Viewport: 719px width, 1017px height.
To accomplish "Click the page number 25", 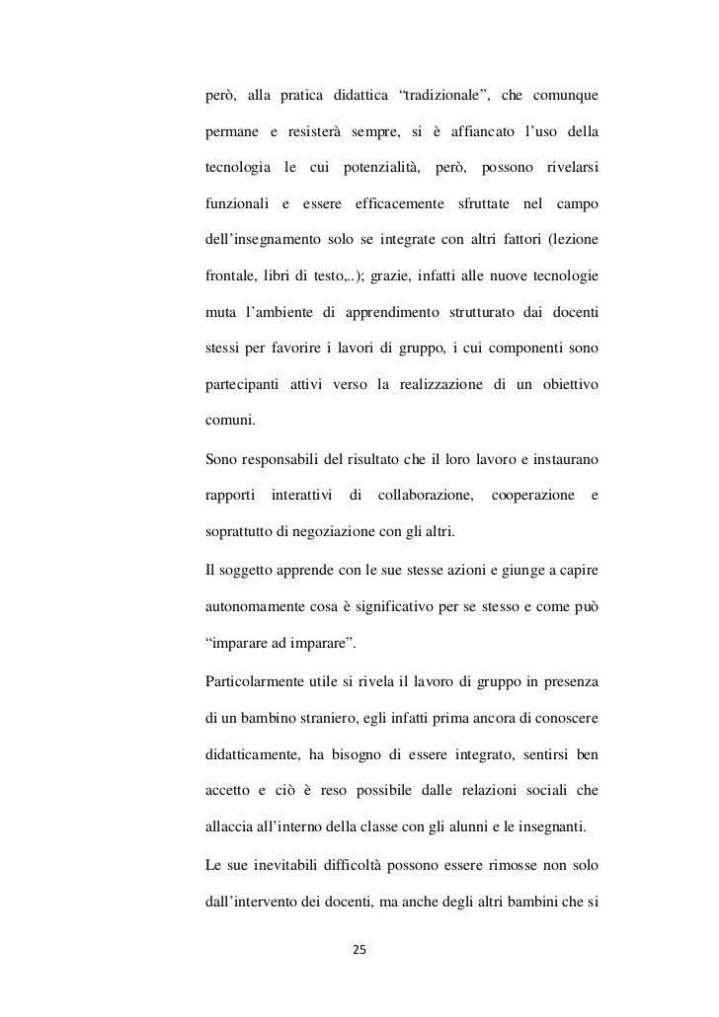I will [x=359, y=950].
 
